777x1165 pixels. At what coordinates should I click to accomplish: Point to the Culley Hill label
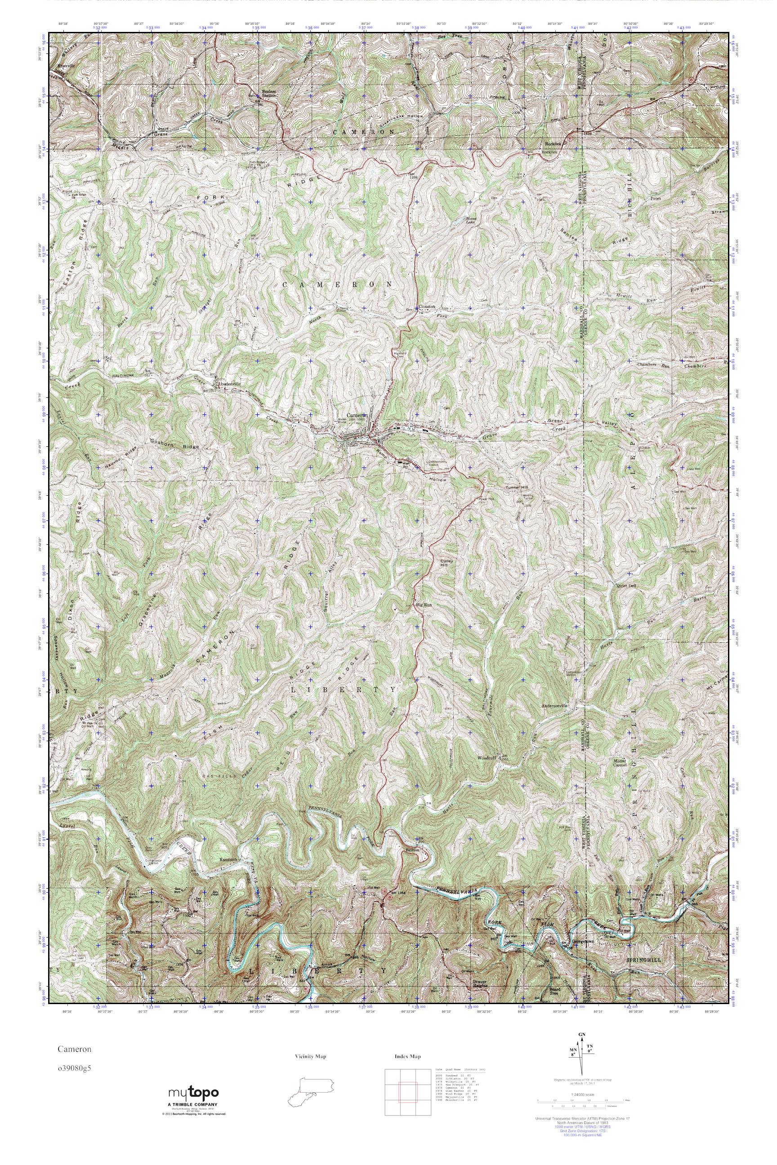447,564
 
